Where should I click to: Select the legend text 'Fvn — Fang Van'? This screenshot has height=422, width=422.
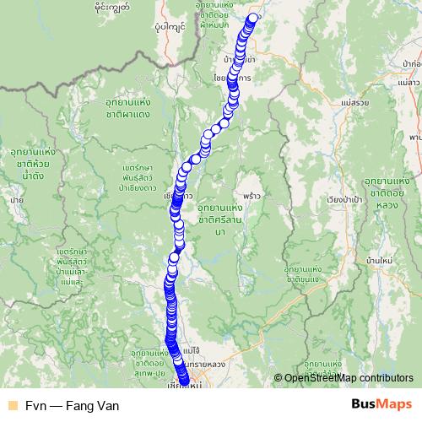pos(72,405)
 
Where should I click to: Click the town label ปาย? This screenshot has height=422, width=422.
pos(15,199)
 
